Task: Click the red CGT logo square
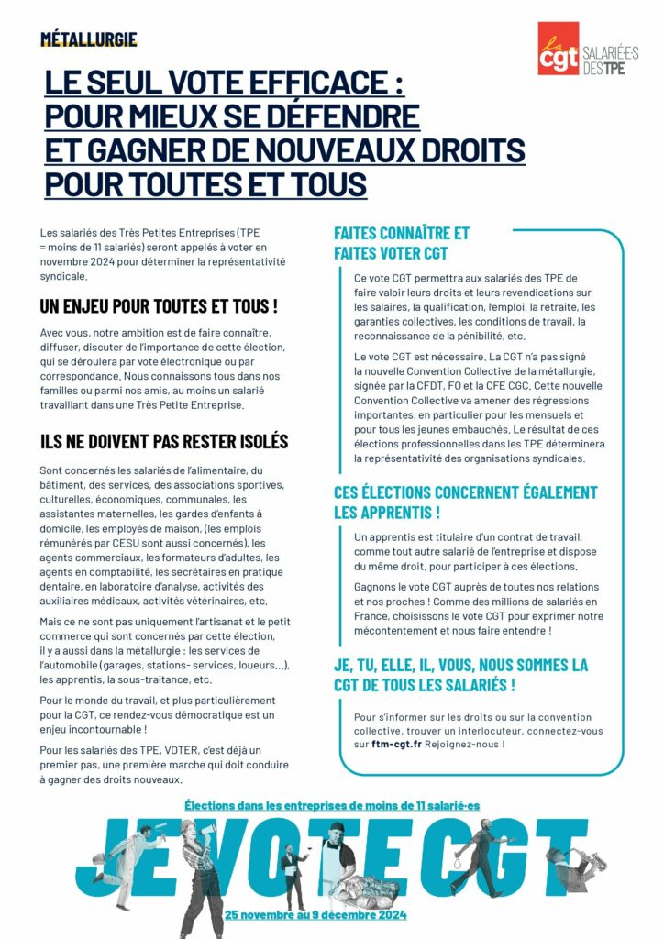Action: pos(559,50)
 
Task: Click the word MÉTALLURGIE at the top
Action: pos(89,39)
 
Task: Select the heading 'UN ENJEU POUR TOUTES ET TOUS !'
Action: pos(159,305)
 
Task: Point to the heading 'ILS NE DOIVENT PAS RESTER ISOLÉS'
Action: pos(164,441)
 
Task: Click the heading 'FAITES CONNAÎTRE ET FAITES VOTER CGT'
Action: pos(401,243)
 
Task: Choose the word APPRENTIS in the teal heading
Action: pos(386,511)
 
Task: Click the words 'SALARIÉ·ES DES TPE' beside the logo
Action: pos(610,61)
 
